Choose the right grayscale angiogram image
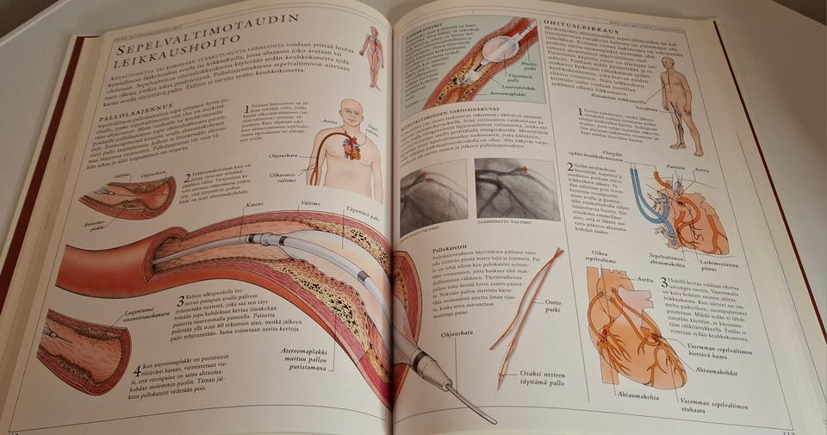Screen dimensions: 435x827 (516, 189)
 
